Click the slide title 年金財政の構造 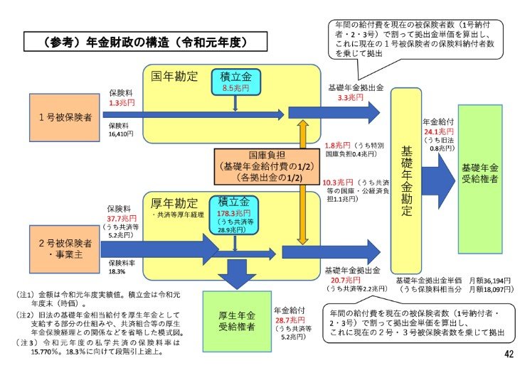click(134, 43)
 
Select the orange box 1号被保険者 click(65, 116)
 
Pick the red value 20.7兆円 click(340, 281)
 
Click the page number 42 click(508, 354)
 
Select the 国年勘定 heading click(174, 75)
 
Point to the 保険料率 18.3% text click(117, 266)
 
